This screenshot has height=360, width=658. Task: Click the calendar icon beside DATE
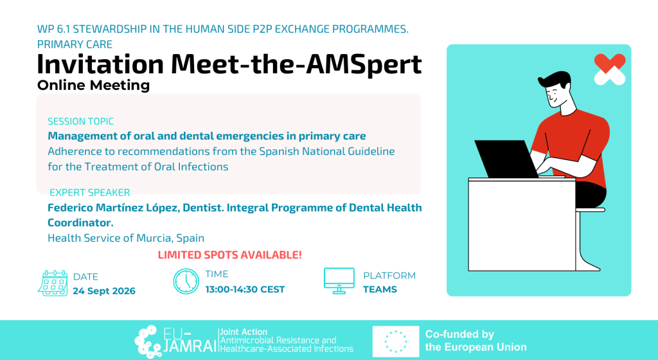pyautogui.click(x=53, y=283)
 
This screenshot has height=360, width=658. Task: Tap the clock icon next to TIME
pyautogui.click(x=186, y=281)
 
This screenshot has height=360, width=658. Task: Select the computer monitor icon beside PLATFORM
pyautogui.click(x=339, y=281)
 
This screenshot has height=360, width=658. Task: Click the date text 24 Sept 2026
pyautogui.click(x=104, y=291)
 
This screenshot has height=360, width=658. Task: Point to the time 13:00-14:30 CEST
pyautogui.click(x=245, y=289)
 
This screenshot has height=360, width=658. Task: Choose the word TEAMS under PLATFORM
pyautogui.click(x=380, y=289)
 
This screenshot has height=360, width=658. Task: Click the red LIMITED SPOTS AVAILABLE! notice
pyautogui.click(x=229, y=255)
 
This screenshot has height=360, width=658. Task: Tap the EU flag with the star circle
pyautogui.click(x=396, y=341)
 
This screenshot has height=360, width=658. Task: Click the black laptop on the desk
pyautogui.click(x=506, y=159)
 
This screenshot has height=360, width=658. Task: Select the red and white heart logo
pyautogui.click(x=610, y=69)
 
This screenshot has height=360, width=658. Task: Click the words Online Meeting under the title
pyautogui.click(x=94, y=85)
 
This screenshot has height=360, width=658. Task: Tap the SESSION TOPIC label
pyautogui.click(x=80, y=122)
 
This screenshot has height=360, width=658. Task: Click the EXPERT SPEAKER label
pyautogui.click(x=90, y=193)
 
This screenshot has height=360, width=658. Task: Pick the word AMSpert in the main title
pyautogui.click(x=364, y=64)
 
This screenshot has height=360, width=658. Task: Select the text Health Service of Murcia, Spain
pyautogui.click(x=126, y=238)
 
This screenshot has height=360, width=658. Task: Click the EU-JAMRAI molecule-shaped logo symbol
pyautogui.click(x=147, y=341)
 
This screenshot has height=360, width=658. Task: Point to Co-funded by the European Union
pyautogui.click(x=476, y=341)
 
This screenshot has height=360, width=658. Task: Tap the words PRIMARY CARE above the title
pyautogui.click(x=75, y=44)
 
